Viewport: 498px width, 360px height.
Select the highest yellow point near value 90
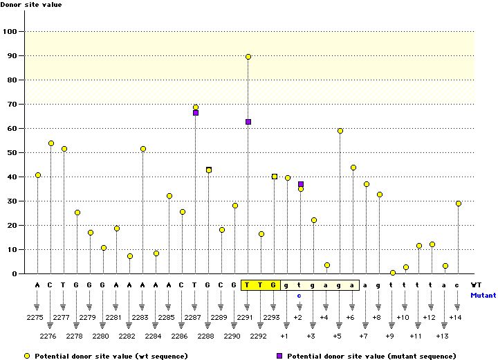(x=248, y=57)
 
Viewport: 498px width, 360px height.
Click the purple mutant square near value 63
(x=248, y=122)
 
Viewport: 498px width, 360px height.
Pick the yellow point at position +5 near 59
(x=340, y=131)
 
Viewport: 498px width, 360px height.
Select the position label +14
(x=455, y=317)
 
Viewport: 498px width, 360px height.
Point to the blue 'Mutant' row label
(x=483, y=294)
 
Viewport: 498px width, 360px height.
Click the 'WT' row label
(x=476, y=285)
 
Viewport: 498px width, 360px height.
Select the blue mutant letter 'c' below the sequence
(x=299, y=294)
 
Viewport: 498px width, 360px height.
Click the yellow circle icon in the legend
(x=26, y=355)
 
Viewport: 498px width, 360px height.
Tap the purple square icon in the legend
(x=279, y=355)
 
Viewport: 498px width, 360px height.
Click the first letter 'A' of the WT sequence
(x=37, y=285)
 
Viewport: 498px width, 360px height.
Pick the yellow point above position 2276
(x=51, y=143)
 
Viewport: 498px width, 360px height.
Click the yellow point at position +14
(x=459, y=204)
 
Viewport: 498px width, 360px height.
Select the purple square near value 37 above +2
(x=301, y=184)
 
